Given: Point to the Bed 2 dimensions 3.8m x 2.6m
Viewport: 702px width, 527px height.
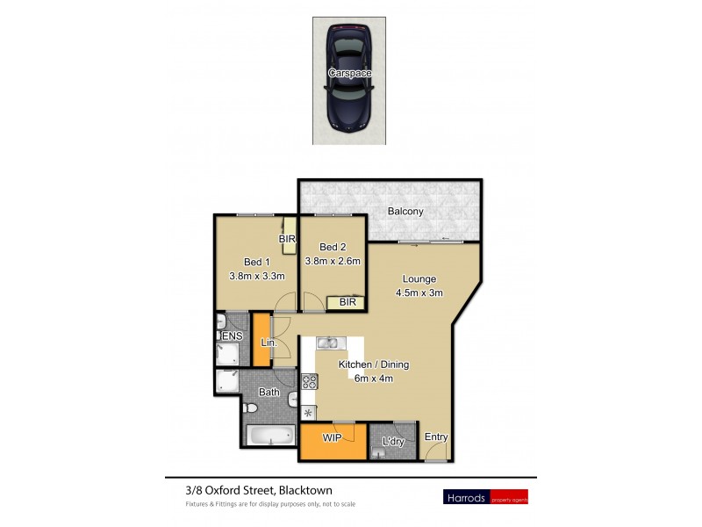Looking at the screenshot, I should pyautogui.click(x=333, y=261).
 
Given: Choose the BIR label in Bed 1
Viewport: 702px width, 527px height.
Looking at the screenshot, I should pyautogui.click(x=286, y=239).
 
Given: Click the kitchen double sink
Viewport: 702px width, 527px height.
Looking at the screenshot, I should pyautogui.click(x=327, y=343).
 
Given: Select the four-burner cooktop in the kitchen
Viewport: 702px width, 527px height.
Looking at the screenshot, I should pyautogui.click(x=310, y=381).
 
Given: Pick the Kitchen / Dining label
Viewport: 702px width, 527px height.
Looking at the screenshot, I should pyautogui.click(x=374, y=365).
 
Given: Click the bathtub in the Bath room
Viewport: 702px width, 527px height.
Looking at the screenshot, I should pyautogui.click(x=270, y=436).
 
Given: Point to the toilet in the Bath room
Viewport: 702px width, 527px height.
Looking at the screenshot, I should pyautogui.click(x=250, y=408).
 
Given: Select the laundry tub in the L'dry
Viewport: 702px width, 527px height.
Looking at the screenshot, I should pyautogui.click(x=378, y=453).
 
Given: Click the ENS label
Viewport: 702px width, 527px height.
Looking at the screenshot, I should pyautogui.click(x=232, y=336).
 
